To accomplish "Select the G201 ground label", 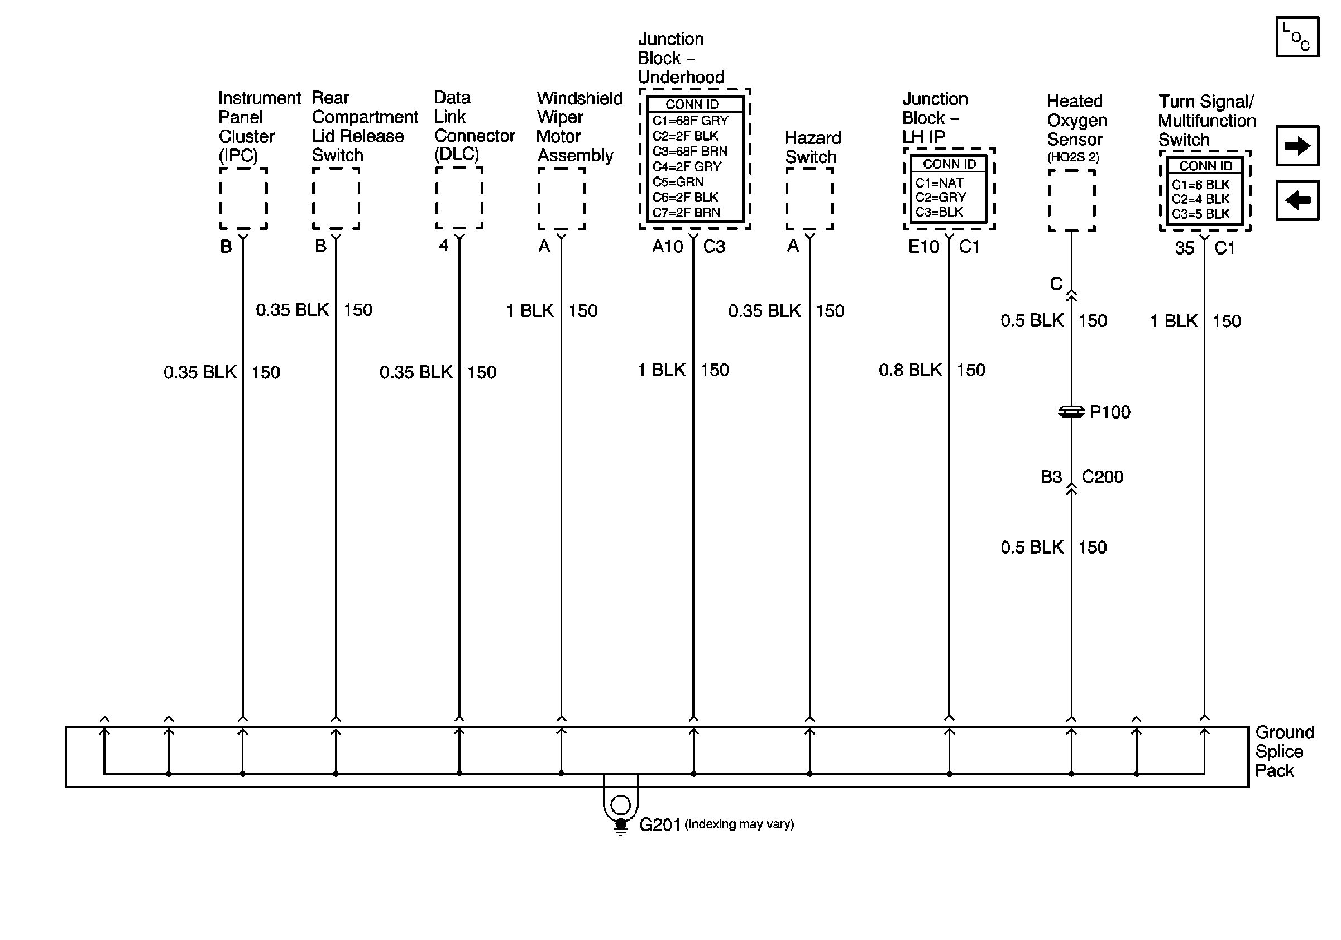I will [659, 824].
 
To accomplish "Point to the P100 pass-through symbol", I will [1071, 412].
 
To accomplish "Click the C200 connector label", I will [1102, 477].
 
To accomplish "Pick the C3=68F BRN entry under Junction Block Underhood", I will [690, 151].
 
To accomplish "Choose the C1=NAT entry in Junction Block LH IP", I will [939, 183].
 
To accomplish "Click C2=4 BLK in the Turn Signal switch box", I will [1200, 199].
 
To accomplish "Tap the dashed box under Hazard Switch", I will [809, 199].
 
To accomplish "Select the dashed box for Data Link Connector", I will [459, 199].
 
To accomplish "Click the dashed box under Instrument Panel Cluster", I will [243, 199].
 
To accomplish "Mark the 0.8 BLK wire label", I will [910, 370].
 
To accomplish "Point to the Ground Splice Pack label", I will [1283, 751].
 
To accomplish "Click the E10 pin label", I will [923, 247].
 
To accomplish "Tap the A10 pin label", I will [667, 247].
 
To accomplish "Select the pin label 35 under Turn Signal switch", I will [1184, 248].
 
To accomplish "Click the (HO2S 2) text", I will [1073, 157].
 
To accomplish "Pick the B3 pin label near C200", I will [1051, 477].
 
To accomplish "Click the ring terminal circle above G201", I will [620, 804].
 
